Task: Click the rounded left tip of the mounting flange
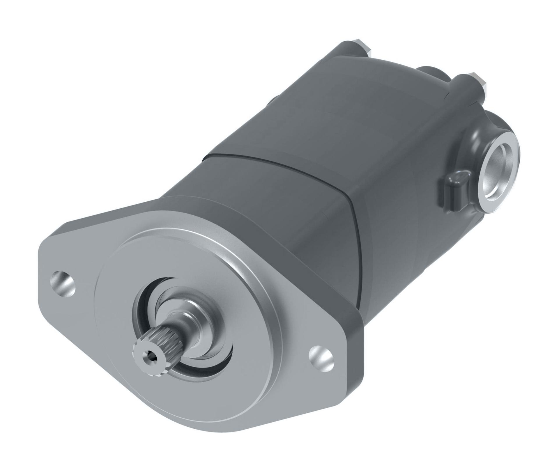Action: tap(44, 271)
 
